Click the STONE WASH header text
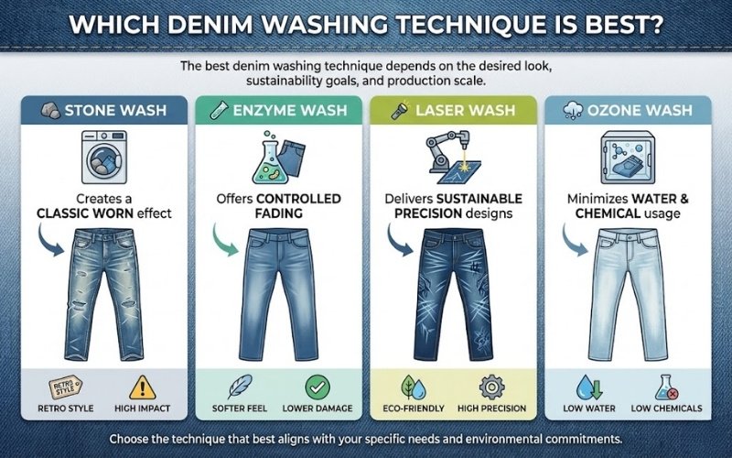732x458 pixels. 109,113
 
